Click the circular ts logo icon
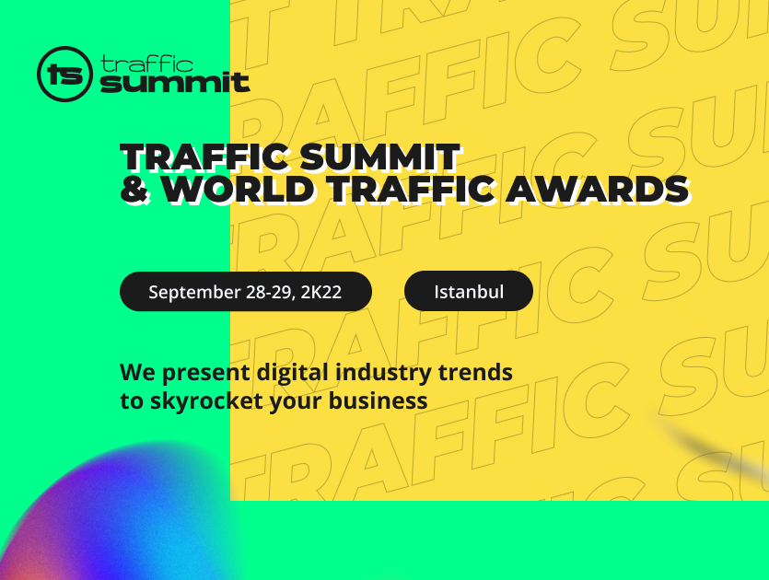coord(64,74)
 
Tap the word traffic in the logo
coord(146,64)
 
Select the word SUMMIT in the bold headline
coord(379,157)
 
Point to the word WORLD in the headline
coord(239,189)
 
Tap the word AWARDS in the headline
coord(598,189)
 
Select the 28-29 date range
coord(271,292)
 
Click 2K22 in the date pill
coord(321,292)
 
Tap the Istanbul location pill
coord(469,291)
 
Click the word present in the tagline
coord(206,373)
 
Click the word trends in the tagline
coord(475,372)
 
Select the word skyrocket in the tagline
coord(206,401)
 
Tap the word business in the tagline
coord(379,400)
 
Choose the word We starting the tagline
coord(138,372)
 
